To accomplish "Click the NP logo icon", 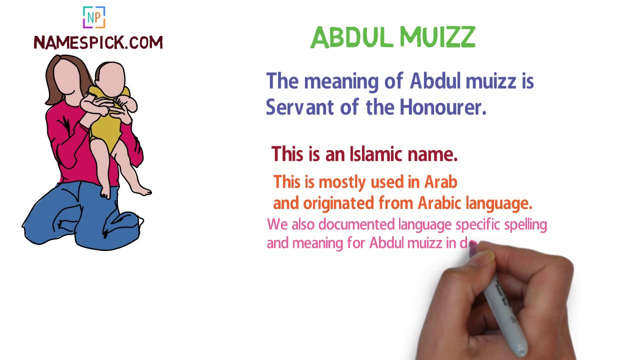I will [94, 18].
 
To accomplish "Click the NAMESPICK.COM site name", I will [98, 43].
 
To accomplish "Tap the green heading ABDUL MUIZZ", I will [392, 37].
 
